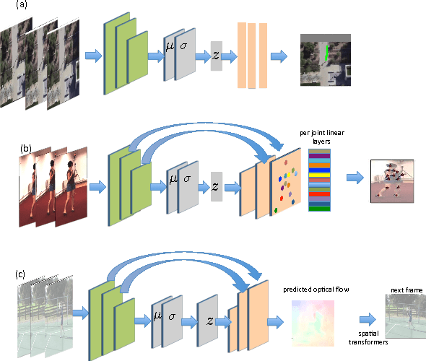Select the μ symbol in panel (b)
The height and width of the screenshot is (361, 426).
coord(172,178)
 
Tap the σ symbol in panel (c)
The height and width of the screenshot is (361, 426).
coord(172,316)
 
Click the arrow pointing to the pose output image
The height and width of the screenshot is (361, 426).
coord(355,178)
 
